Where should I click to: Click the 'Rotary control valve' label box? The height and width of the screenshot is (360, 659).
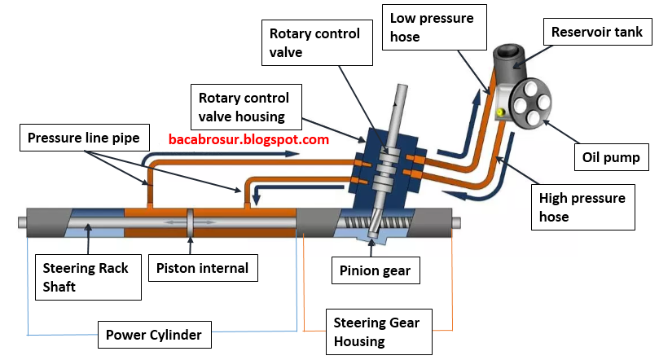(x=314, y=44)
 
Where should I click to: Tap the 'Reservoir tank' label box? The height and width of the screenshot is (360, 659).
(x=596, y=33)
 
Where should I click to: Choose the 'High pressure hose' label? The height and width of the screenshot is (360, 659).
(x=582, y=207)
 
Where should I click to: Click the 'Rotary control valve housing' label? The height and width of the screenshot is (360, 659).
(x=248, y=107)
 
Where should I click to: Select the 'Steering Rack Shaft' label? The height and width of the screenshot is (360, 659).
(x=86, y=278)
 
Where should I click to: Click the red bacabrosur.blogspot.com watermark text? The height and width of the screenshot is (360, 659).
(x=248, y=139)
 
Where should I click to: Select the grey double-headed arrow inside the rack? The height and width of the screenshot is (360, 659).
(x=188, y=222)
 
